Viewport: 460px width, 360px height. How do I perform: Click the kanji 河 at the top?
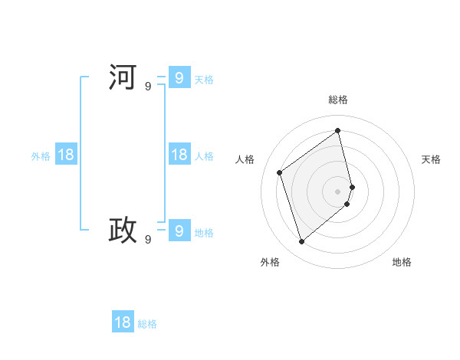123,77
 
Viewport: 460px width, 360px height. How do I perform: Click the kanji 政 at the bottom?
123,230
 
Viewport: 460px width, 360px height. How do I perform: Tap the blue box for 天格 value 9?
179,77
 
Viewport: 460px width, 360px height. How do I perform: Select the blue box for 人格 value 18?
179,155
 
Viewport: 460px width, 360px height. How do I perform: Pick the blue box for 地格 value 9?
179,230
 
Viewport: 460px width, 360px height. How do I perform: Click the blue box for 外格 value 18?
66,155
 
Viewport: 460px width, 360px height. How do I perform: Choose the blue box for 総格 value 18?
123,322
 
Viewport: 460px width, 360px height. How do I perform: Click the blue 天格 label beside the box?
204,80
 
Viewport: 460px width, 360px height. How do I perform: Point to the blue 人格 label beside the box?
204,156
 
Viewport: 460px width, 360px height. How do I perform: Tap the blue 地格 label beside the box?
204,233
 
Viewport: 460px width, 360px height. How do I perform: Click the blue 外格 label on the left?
41,156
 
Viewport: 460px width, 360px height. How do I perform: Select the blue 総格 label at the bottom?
147,324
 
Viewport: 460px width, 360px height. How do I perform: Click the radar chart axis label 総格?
338,100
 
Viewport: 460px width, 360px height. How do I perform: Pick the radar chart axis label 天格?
431,159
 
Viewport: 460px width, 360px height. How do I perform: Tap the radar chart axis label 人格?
245,159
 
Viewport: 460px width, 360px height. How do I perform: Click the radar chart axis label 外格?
270,262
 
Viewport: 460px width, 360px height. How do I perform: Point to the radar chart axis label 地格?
402,262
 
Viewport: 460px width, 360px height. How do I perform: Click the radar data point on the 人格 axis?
280,172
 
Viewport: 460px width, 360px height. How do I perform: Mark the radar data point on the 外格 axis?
301,242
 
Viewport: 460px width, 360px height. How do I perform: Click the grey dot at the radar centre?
338,191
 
